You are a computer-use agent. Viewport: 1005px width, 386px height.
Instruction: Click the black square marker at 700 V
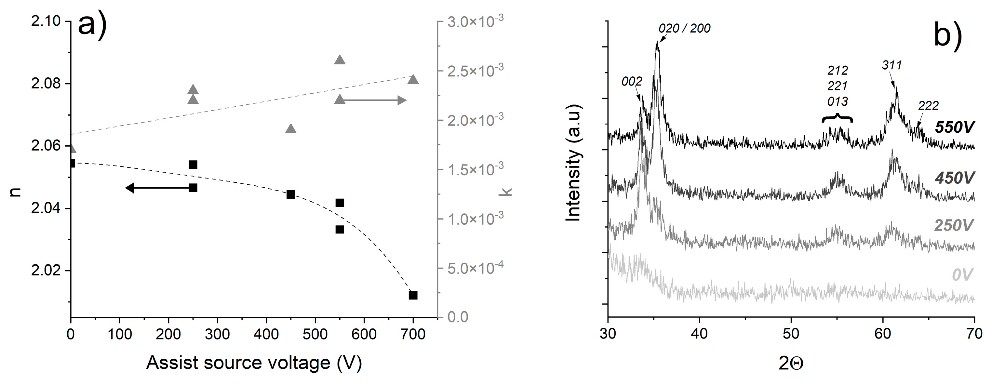click(x=413, y=295)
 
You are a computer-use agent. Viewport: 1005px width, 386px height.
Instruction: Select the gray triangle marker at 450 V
click(x=291, y=129)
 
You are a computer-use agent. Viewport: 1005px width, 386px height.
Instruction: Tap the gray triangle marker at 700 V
click(x=413, y=80)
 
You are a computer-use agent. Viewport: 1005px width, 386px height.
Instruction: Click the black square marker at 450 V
click(x=291, y=194)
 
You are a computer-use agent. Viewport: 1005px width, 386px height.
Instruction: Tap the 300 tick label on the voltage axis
click(x=217, y=335)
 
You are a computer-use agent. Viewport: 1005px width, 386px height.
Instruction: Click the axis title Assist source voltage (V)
click(x=254, y=363)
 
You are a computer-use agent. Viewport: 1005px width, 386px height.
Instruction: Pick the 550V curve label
click(x=954, y=127)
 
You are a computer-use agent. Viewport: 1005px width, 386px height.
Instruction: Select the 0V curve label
click(x=962, y=275)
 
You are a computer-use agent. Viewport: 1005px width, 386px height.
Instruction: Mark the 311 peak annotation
click(x=892, y=65)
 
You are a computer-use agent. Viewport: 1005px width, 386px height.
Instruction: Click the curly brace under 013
click(x=837, y=118)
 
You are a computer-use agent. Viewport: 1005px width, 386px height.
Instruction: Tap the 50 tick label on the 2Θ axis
click(x=791, y=335)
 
